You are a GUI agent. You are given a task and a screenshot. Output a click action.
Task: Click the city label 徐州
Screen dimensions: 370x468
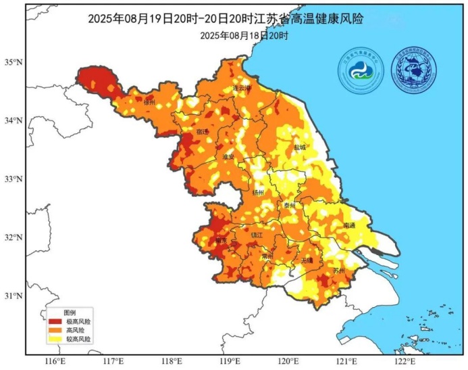click(149, 102)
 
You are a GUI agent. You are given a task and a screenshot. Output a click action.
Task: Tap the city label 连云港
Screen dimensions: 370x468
click(242, 88)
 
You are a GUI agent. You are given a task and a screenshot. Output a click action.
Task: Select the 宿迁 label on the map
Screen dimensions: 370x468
click(203, 131)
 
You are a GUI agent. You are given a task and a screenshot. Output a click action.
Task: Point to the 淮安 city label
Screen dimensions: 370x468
click(229, 156)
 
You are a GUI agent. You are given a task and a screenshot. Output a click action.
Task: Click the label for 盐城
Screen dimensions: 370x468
click(299, 147)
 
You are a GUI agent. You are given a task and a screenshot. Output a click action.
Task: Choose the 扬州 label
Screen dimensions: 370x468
click(259, 192)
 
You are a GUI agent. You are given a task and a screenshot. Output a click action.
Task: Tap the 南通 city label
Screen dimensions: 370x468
click(348, 225)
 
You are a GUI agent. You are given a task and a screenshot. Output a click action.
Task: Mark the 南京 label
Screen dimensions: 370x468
click(221, 240)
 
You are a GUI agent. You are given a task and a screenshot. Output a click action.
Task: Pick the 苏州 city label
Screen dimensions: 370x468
click(339, 271)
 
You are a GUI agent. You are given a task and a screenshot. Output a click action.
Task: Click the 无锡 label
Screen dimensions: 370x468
click(307, 260)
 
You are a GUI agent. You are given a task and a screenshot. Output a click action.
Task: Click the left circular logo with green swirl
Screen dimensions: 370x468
click(361, 70)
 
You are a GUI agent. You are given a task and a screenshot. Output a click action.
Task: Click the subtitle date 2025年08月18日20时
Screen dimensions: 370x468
click(244, 35)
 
